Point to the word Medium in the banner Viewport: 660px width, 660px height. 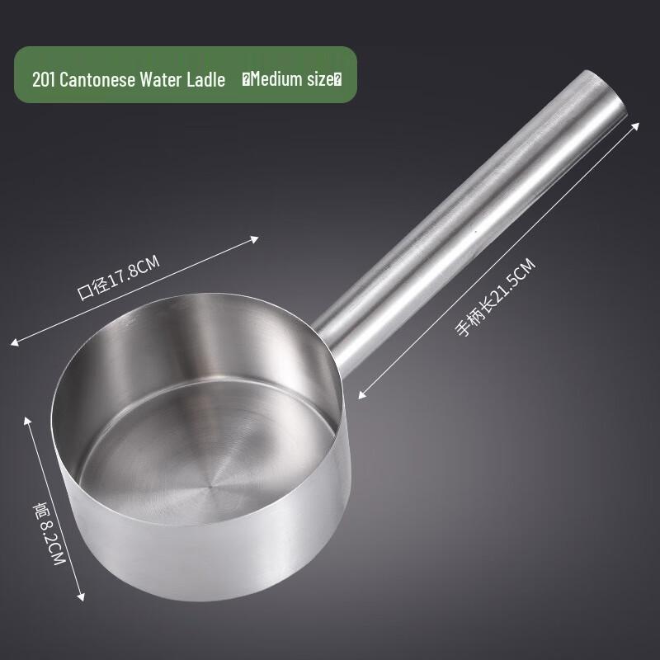click(x=277, y=80)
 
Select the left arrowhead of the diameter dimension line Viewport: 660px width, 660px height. click(x=14, y=340)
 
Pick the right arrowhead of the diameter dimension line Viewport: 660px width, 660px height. click(x=258, y=239)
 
